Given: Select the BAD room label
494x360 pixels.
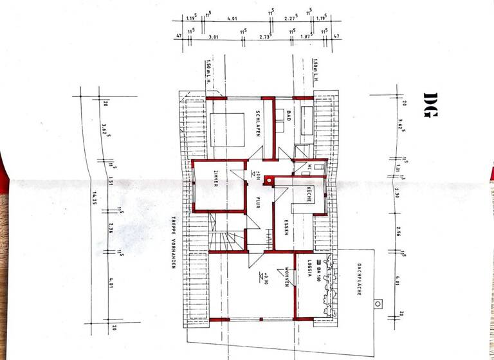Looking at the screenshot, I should pyautogui.click(x=289, y=116).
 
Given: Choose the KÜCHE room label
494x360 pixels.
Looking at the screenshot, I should pyautogui.click(x=308, y=195).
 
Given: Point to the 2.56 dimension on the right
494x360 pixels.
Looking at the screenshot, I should pyautogui.click(x=400, y=232).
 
